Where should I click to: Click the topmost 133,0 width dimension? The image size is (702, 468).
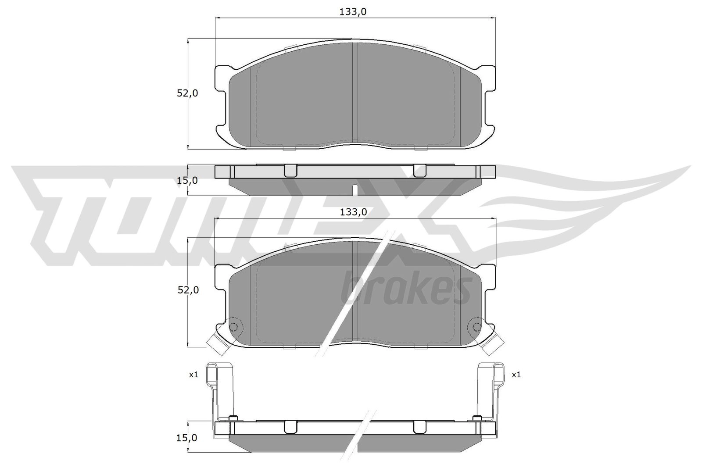click(353, 12)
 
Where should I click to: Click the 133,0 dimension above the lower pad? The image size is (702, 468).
click(354, 212)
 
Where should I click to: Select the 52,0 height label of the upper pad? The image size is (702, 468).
click(187, 93)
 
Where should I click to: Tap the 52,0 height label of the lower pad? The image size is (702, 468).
click(188, 290)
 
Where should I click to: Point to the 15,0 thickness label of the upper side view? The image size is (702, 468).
click(187, 180)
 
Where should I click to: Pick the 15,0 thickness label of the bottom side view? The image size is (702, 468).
click(187, 438)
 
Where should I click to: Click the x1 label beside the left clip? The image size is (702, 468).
click(193, 374)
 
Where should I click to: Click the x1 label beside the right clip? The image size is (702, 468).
click(516, 374)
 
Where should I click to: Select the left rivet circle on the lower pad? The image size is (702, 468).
click(233, 327)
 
